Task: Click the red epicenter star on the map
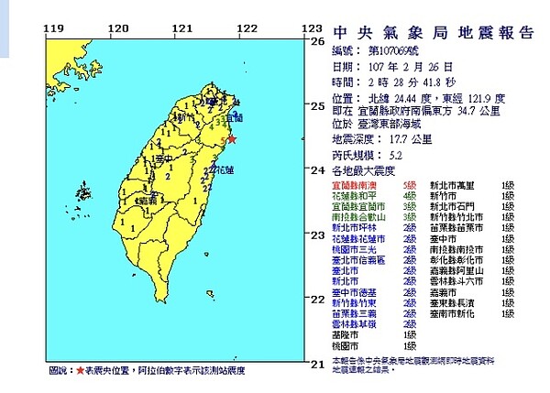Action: click(x=231, y=139)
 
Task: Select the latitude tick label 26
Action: click(x=319, y=41)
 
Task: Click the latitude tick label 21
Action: click(x=319, y=365)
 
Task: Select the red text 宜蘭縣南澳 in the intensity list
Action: click(x=352, y=185)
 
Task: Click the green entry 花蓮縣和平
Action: click(x=352, y=196)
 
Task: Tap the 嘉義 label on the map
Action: click(x=145, y=198)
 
